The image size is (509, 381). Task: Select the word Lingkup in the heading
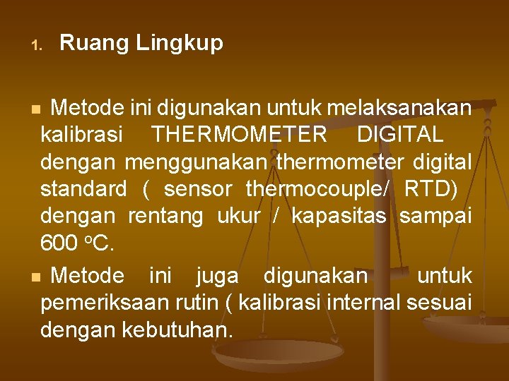coord(180,44)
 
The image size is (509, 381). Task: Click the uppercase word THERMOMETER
coord(240,134)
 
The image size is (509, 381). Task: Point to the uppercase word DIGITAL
coord(400,134)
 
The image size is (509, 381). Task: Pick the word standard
coord(83,189)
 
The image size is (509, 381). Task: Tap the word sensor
coord(198,189)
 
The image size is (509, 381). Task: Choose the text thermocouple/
coord(318,189)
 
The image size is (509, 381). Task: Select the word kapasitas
coord(339,217)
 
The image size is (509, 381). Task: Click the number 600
coord(59,243)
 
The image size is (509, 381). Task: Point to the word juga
coord(217,275)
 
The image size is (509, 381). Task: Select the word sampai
coord(435,217)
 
